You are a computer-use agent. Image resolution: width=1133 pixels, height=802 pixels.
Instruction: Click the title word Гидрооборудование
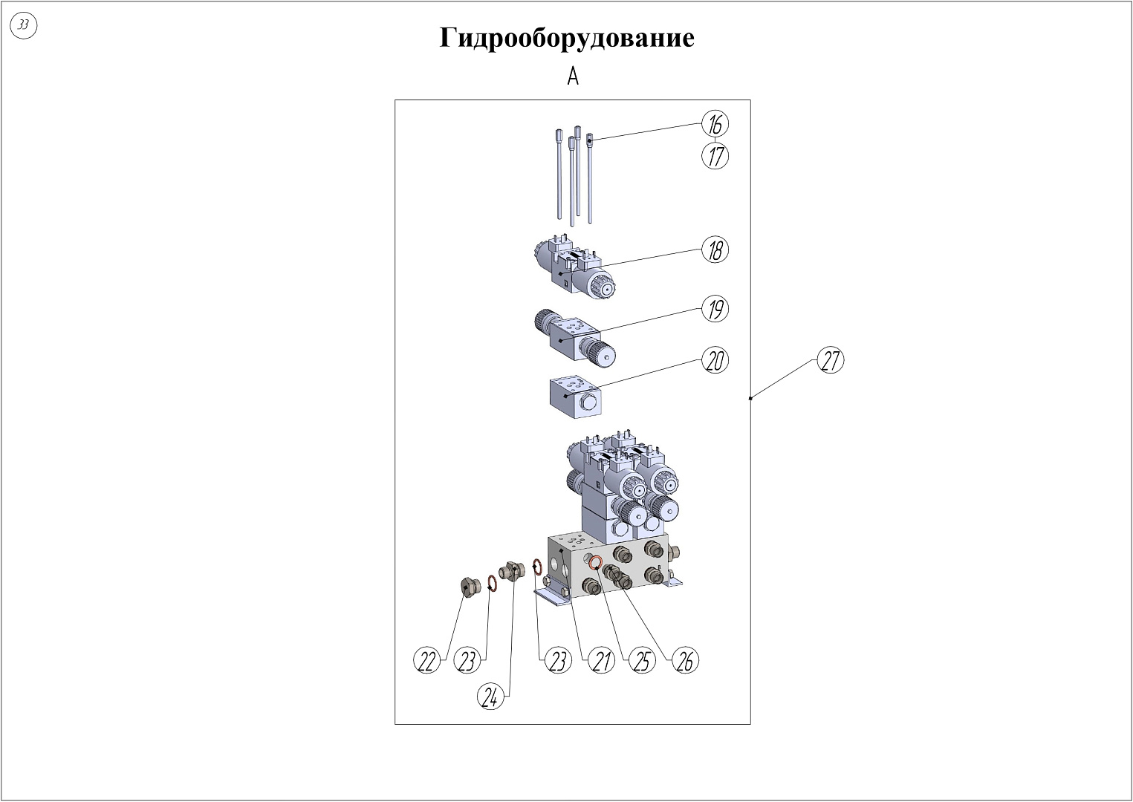pyautogui.click(x=567, y=37)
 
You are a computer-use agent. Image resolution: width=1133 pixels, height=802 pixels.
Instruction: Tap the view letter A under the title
pyautogui.click(x=572, y=76)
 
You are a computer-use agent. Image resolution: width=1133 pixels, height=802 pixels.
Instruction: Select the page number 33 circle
pyautogui.click(x=24, y=26)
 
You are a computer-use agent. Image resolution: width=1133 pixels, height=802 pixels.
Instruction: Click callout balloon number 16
pyautogui.click(x=715, y=124)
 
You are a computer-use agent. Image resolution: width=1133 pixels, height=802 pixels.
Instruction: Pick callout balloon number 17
pyautogui.click(x=715, y=156)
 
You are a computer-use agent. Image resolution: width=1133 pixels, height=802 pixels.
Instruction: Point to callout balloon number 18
pyautogui.click(x=715, y=250)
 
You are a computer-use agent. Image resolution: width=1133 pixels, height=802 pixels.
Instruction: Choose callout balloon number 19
pyautogui.click(x=715, y=309)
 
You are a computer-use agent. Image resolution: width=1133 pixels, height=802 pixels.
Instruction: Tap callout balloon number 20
pyautogui.click(x=715, y=361)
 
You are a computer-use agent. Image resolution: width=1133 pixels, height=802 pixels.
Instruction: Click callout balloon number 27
pyautogui.click(x=831, y=361)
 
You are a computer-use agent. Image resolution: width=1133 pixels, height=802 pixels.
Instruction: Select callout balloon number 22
pyautogui.click(x=426, y=660)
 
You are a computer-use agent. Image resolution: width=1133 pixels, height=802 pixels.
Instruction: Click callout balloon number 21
pyautogui.click(x=601, y=660)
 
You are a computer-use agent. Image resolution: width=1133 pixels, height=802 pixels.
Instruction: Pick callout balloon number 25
pyautogui.click(x=642, y=660)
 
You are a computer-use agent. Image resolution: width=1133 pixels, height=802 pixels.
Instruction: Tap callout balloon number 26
pyautogui.click(x=686, y=660)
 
